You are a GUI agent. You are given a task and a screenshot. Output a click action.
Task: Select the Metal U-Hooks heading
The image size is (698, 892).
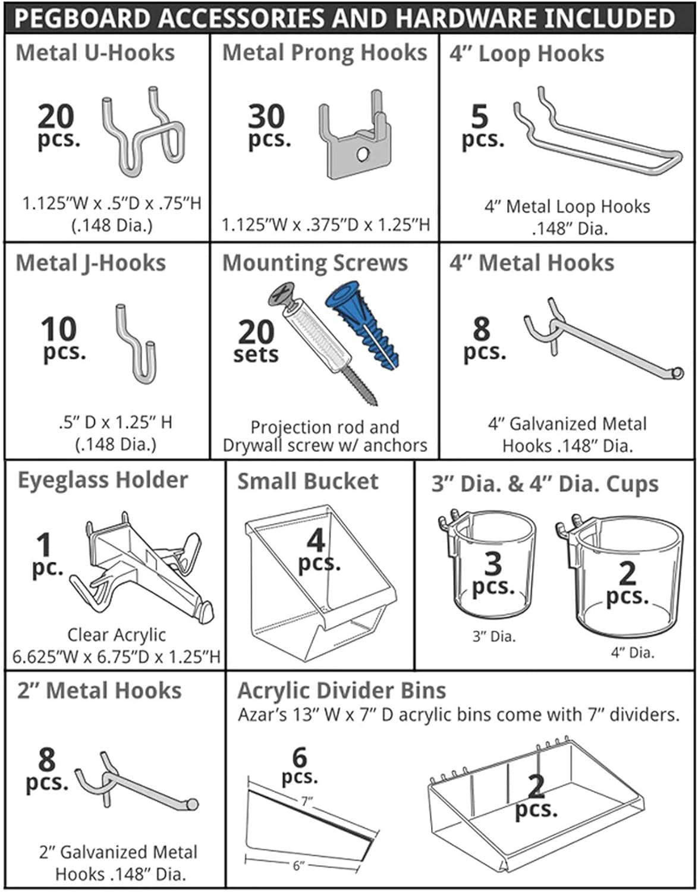[x=95, y=53]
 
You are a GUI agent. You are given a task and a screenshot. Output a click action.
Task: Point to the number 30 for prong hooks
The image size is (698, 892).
[x=266, y=117]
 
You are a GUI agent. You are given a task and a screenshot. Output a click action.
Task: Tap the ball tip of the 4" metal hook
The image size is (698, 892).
[x=677, y=373]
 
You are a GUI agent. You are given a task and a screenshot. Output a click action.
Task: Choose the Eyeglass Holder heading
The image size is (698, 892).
[x=102, y=480]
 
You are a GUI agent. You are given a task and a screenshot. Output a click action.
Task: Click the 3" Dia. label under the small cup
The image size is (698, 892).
[x=493, y=636]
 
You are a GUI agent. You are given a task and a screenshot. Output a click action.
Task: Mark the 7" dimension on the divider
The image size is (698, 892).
[x=306, y=801]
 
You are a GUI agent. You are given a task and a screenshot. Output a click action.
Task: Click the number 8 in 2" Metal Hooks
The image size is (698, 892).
[x=47, y=759]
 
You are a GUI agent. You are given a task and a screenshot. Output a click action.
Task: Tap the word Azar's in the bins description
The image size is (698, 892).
[x=262, y=714]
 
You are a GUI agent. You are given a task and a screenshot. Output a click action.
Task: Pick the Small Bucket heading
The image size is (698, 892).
[x=307, y=482]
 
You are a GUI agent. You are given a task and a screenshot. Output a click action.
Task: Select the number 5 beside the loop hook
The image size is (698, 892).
[x=479, y=117]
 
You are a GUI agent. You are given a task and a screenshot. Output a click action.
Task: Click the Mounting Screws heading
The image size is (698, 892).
[x=315, y=263]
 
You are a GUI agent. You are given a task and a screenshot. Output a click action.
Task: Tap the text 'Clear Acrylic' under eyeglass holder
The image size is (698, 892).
[x=116, y=635]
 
